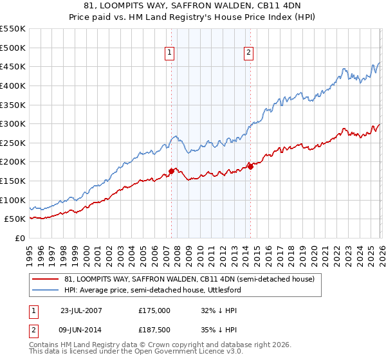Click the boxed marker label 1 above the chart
(170, 53)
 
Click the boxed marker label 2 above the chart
(248, 53)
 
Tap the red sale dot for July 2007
(172, 171)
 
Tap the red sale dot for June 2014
(250, 166)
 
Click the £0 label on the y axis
(20, 238)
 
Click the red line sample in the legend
(46, 279)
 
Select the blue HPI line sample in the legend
(46, 290)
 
